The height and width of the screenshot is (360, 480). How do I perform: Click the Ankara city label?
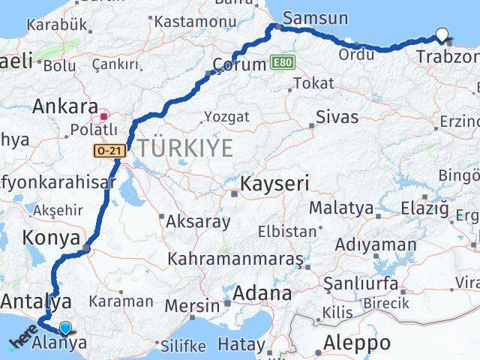point(64,106)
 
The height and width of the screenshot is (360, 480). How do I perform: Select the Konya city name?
point(52,238)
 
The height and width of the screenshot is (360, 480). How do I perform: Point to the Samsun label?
point(316,17)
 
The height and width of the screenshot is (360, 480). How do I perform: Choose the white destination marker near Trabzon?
point(442,34)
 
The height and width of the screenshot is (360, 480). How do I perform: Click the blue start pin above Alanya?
point(66,328)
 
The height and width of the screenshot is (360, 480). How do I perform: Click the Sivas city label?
point(337,117)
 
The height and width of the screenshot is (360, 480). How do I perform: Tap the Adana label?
point(262,293)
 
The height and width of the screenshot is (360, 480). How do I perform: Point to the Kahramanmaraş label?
point(235,259)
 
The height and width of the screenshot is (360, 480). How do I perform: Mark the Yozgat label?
point(226,117)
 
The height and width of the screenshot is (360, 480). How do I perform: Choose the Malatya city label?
point(341,207)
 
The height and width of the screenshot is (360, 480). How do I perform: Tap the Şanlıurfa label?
point(359,283)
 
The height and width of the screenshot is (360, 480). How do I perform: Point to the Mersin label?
point(192,305)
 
